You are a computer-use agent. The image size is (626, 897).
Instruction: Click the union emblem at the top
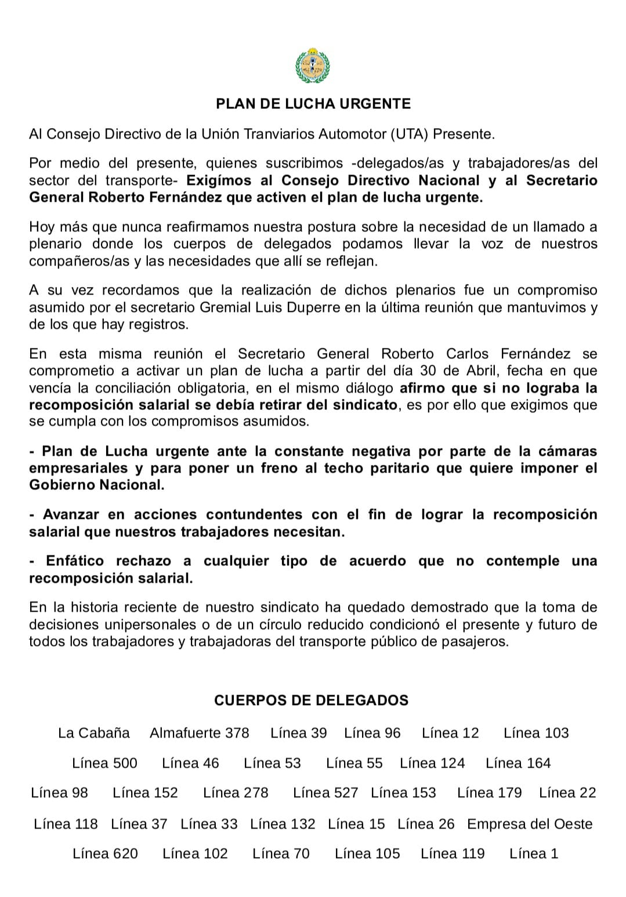[x=312, y=66]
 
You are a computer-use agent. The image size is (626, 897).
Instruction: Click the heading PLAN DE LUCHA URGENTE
[x=313, y=104]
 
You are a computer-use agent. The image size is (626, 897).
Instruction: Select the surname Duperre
[x=317, y=307]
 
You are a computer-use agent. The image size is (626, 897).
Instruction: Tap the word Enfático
[x=75, y=561]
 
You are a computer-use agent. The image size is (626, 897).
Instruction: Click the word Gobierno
[x=61, y=485]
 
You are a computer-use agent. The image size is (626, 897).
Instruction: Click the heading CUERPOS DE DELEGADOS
[x=312, y=700]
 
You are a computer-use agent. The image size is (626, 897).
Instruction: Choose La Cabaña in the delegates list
[x=94, y=733]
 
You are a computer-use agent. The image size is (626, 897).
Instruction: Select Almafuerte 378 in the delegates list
[x=200, y=733]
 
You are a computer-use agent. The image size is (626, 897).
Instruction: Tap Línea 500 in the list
[x=105, y=763]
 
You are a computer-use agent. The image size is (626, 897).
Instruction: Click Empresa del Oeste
[x=530, y=824]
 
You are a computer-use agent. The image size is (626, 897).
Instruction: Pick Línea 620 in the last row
[x=106, y=854]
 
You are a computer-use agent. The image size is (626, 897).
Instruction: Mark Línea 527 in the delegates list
[x=325, y=793]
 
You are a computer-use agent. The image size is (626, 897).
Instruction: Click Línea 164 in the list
[x=518, y=763]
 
